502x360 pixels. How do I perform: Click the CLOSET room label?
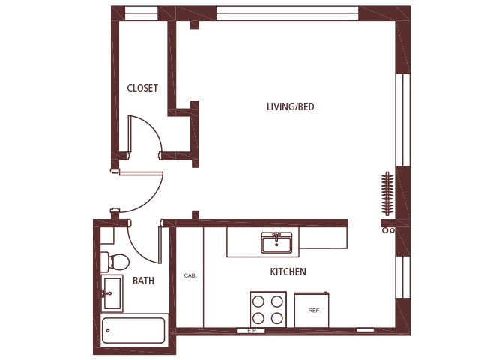click(142, 88)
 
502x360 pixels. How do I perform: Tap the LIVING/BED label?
click(290, 106)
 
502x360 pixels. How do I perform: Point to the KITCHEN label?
click(288, 271)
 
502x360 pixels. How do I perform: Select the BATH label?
click(143, 280)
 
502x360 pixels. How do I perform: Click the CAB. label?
click(190, 276)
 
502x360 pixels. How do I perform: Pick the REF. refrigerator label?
click(314, 310)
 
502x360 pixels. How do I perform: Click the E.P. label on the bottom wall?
click(252, 330)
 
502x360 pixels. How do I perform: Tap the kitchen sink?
click(276, 242)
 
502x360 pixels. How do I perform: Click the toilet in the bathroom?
click(117, 262)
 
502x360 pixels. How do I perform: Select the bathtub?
click(133, 330)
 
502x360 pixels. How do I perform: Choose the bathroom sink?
click(112, 292)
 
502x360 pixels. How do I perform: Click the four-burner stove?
click(268, 309)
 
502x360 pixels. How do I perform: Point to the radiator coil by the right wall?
click(387, 194)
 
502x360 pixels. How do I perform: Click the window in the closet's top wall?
click(141, 13)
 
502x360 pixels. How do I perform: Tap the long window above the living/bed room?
click(287, 13)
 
